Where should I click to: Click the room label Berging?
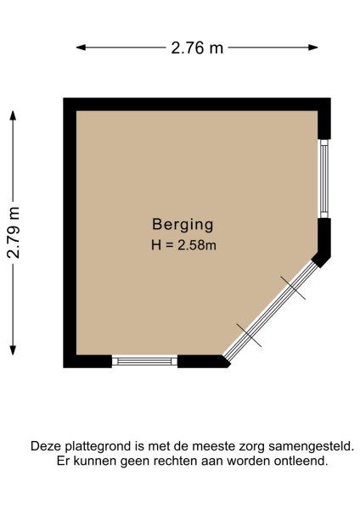tap(183, 225)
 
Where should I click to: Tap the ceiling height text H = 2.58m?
tap(183, 246)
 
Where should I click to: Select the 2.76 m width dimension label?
tap(197, 48)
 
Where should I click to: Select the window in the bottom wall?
tap(144, 361)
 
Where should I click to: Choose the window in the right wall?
tap(323, 179)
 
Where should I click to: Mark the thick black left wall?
tap(70, 233)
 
